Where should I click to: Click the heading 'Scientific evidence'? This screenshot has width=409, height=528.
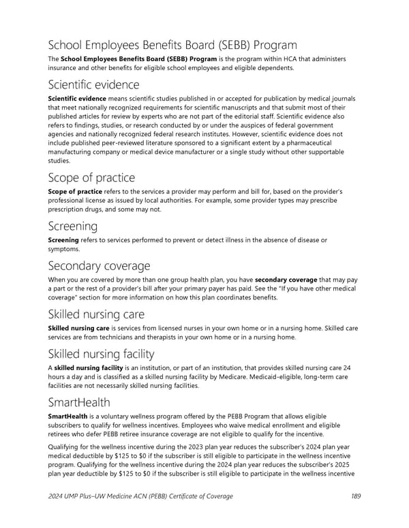pos(93,84)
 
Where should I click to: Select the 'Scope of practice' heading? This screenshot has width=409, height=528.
pos(91,178)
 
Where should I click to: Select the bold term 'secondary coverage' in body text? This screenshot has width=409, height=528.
pos(286,280)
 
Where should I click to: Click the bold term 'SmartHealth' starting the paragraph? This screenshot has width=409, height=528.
pos(67,416)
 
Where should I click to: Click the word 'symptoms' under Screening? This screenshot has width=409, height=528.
pos(65,249)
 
